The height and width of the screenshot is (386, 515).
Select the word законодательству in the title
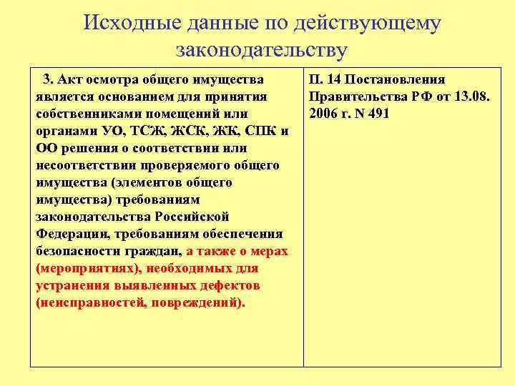tap(261, 51)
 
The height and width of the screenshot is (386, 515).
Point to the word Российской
tap(193, 217)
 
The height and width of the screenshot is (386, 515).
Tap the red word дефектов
tap(229, 285)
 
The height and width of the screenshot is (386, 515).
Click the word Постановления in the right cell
tap(396, 79)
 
